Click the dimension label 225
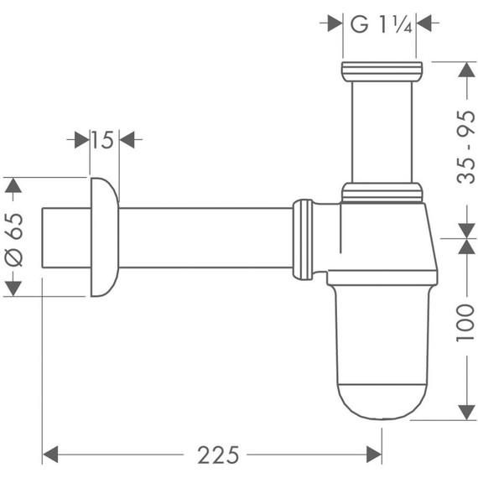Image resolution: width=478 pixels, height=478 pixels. (217, 454)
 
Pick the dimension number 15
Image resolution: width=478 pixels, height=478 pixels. (101, 139)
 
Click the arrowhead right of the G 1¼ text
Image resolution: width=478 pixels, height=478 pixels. (426, 23)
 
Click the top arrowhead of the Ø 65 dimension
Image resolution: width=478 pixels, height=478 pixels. (13, 187)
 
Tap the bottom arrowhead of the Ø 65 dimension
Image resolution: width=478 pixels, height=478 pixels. (13, 286)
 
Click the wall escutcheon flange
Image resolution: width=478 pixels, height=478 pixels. (101, 236)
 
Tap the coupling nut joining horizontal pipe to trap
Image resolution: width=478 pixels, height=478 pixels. (303, 236)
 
